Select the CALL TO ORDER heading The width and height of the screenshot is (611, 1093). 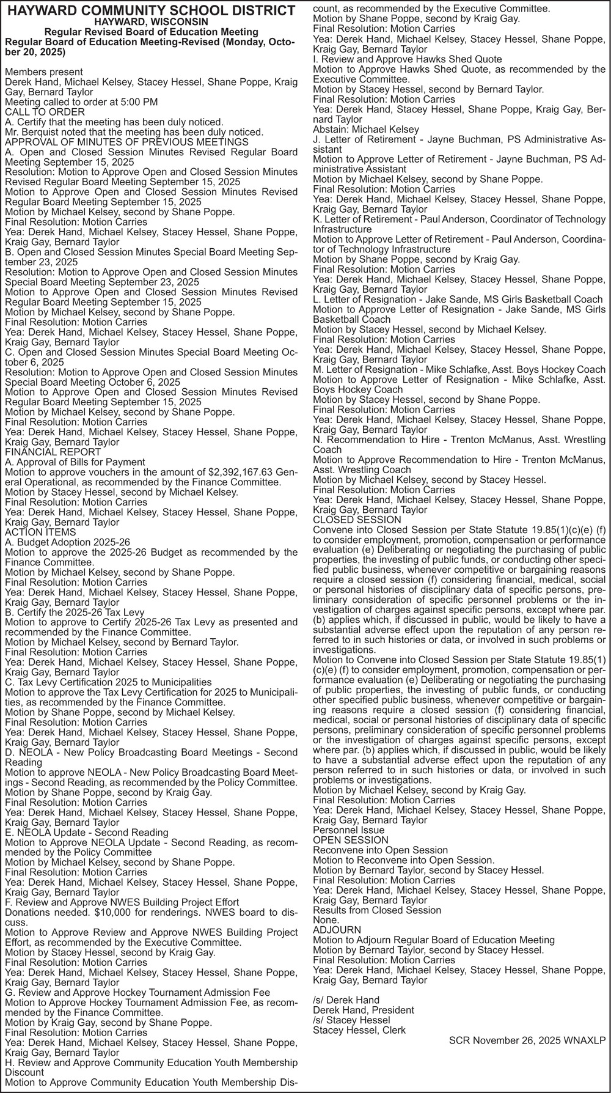click(45, 112)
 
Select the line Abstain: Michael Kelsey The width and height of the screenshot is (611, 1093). click(366, 130)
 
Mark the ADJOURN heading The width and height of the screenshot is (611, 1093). click(337, 930)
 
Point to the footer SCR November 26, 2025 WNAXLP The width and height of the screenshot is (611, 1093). click(527, 1040)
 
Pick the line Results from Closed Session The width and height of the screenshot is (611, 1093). click(377, 910)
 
